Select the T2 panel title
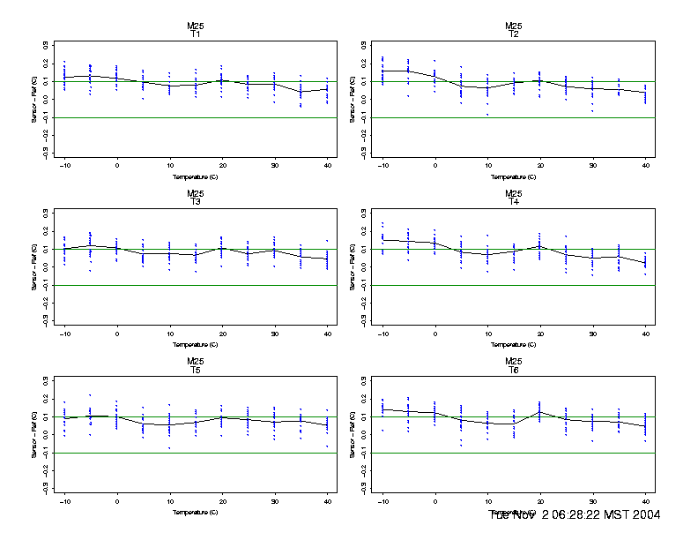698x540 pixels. coord(514,34)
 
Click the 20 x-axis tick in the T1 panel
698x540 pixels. coord(222,163)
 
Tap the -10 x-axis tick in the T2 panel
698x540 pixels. coord(382,163)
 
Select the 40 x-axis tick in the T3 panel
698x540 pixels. coord(327,331)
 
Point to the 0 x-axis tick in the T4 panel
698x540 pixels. coord(435,331)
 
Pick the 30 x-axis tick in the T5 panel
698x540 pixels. coord(274,499)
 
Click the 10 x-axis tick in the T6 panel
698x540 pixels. coord(487,499)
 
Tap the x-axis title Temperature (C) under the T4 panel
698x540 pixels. coord(514,344)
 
